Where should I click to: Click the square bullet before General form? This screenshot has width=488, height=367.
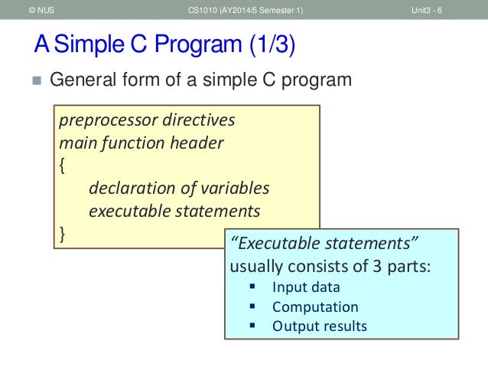(34, 80)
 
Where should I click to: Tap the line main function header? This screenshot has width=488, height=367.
(142, 143)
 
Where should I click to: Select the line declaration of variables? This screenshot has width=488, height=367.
(179, 188)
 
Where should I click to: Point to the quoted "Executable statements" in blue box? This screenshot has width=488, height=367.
(324, 244)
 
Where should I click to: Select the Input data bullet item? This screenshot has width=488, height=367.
(306, 288)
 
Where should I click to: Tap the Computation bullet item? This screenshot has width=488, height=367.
(314, 307)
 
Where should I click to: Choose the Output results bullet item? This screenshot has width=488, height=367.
(319, 326)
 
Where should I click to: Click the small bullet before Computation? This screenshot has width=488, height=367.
(252, 307)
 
